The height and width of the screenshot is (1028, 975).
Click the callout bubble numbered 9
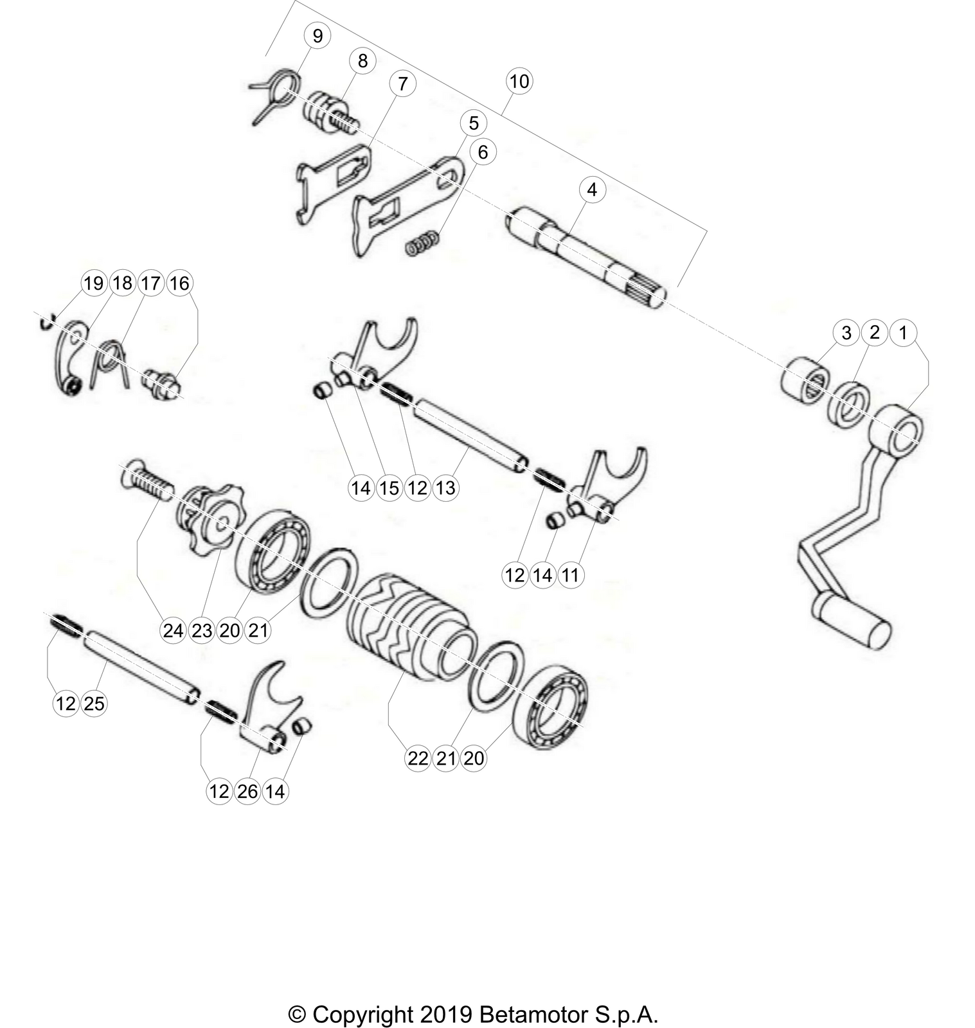coord(318,36)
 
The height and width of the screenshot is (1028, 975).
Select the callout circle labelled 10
coord(519,82)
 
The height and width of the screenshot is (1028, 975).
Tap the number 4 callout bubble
coord(592,190)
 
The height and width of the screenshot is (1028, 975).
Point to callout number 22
coord(418,758)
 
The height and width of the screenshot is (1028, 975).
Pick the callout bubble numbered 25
coord(94,704)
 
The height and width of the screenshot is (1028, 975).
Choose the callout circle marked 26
coord(247,791)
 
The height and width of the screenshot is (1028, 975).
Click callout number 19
coord(94,283)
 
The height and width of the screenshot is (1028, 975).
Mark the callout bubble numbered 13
coord(445,488)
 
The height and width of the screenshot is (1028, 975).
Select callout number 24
coord(173,630)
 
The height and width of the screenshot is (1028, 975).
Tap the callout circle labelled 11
coord(570,574)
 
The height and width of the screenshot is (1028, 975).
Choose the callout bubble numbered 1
coord(902,332)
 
